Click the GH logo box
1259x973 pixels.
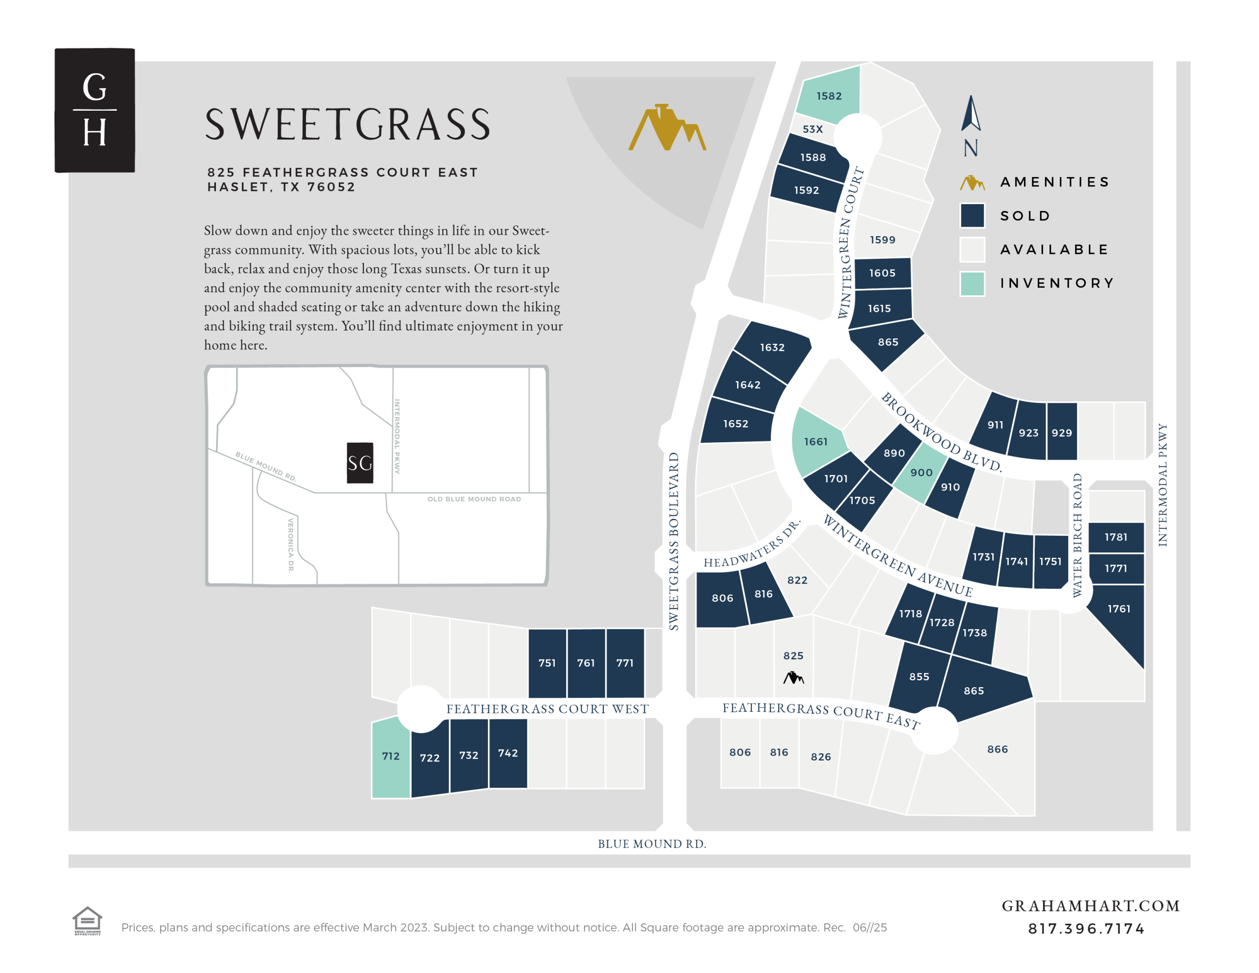[94, 110]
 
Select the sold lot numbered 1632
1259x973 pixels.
[772, 347]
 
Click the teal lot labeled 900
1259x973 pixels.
[921, 472]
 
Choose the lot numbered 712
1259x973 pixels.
[391, 756]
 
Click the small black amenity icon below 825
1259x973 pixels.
[793, 677]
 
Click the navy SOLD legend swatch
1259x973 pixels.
[972, 216]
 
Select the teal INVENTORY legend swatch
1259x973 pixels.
[972, 283]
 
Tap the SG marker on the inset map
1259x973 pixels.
[360, 462]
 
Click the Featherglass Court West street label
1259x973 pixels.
[547, 709]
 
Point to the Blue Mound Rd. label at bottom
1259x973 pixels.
[652, 844]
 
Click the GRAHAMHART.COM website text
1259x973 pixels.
[1090, 906]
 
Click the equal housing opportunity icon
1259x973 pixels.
[87, 920]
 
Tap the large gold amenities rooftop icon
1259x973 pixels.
[667, 127]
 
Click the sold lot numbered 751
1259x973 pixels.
[547, 663]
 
